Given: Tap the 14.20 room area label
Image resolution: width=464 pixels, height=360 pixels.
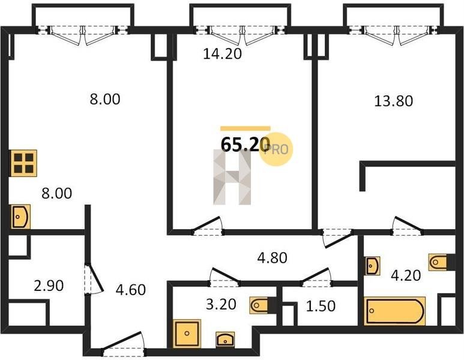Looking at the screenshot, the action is (223, 54).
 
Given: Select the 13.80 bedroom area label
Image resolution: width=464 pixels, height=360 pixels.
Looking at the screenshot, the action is (394, 101).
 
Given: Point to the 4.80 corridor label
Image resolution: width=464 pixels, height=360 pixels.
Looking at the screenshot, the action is (273, 258).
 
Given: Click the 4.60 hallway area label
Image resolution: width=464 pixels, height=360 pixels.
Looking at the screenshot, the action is (131, 290).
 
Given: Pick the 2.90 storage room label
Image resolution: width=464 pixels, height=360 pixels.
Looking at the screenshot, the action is (49, 286).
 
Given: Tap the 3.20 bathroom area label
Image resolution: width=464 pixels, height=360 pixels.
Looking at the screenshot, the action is (221, 304).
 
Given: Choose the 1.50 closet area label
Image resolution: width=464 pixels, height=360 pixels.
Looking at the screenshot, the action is (321, 306).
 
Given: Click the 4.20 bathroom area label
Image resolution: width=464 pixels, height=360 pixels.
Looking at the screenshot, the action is (406, 275).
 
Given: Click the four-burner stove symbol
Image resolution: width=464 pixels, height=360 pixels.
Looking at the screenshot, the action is (23, 163).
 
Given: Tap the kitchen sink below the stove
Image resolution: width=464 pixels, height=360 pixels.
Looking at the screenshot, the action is (20, 217).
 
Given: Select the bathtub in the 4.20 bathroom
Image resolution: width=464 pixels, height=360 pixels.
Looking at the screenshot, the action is (395, 311).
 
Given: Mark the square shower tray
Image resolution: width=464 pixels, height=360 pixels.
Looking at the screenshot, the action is (187, 334).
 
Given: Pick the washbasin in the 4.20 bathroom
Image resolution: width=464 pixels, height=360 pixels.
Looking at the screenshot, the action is (372, 266).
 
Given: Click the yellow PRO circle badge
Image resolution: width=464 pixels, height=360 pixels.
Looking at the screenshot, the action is (276, 149).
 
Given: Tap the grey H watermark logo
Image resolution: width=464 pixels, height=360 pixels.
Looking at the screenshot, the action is (232, 177).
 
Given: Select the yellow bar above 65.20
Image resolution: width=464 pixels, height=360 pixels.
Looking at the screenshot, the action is (246, 128).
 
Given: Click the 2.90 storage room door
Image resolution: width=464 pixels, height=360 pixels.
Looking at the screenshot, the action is (94, 278).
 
